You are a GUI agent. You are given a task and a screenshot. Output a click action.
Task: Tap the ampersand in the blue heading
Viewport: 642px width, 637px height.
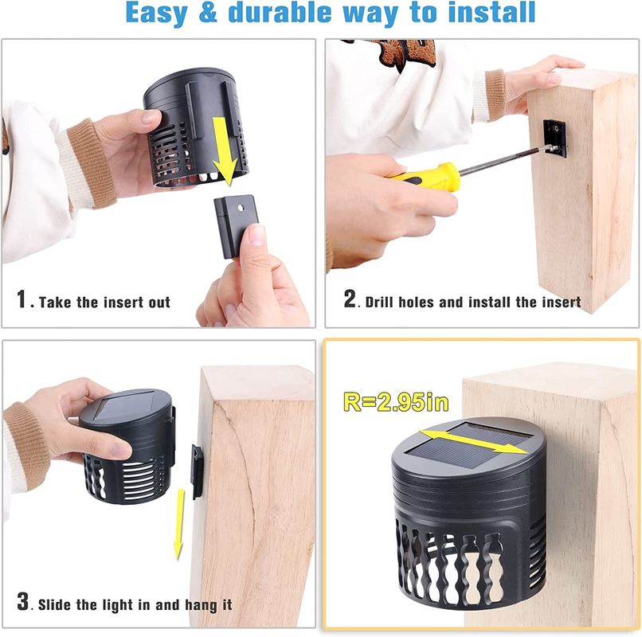click(208, 12)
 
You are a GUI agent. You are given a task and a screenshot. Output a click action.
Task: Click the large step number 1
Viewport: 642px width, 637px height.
click(22, 299)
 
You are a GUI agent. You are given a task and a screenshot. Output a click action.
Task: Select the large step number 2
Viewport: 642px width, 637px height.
click(350, 298)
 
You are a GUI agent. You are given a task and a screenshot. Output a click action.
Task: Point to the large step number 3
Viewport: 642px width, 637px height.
click(23, 601)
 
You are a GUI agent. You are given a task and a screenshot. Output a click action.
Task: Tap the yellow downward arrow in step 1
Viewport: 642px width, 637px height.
click(225, 151)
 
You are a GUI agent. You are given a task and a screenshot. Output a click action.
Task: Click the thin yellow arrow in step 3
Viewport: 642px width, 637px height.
click(179, 525)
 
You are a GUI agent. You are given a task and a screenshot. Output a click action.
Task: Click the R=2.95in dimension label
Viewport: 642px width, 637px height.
click(396, 402)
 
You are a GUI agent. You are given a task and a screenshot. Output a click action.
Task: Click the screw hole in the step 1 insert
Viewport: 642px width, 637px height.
click(241, 208)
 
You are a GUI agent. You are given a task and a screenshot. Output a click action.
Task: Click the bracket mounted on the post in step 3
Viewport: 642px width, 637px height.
click(198, 471)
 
